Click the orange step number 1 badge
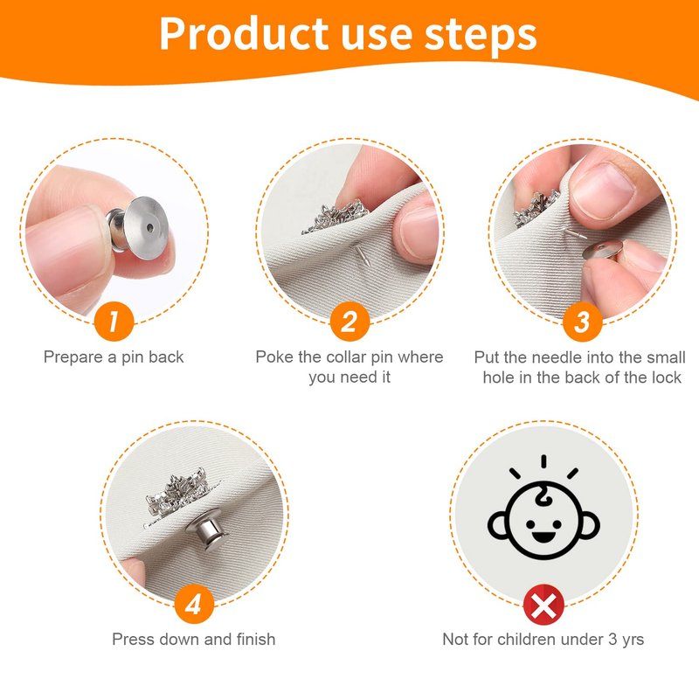pyautogui.click(x=114, y=322)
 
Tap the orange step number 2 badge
pyautogui.click(x=350, y=322)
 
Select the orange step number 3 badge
pyautogui.click(x=582, y=322)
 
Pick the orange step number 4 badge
pyautogui.click(x=194, y=604)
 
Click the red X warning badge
pyautogui.click(x=543, y=605)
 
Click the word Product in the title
pyautogui.click(x=244, y=34)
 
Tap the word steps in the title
pyautogui.click(x=480, y=35)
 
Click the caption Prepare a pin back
pyautogui.click(x=114, y=357)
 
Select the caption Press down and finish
pyautogui.click(x=193, y=640)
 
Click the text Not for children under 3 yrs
pyautogui.click(x=543, y=640)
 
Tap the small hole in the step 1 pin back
pyautogui.click(x=150, y=228)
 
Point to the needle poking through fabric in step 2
pyautogui.click(x=361, y=254)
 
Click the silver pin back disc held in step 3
pyautogui.click(x=602, y=250)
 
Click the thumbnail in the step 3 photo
pyautogui.click(x=604, y=190)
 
